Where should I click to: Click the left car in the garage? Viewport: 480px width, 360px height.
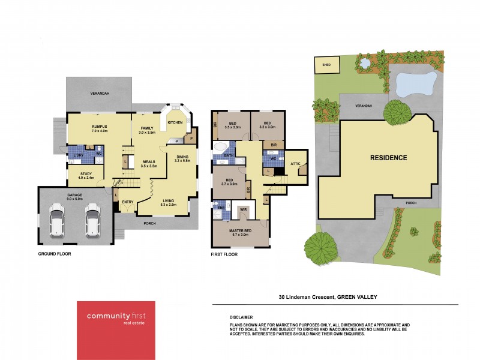point(57,220)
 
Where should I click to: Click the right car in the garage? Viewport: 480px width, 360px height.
point(92,220)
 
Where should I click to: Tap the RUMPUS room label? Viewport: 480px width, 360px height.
point(99,127)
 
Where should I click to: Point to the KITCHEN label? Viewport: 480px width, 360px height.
point(175,122)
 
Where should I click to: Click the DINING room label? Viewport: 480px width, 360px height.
point(182,157)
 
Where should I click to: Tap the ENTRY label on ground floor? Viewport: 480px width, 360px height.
point(128,202)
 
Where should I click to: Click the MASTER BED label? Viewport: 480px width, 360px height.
point(240,230)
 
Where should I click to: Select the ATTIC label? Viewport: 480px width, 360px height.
point(295,163)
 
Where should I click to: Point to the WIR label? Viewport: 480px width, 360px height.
point(244,209)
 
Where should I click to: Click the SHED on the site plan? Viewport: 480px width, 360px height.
point(327,64)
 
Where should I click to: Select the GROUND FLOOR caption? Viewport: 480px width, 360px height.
point(55,255)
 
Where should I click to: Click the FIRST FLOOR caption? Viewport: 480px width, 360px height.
point(224,255)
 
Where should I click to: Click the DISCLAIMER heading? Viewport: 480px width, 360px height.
point(241,317)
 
